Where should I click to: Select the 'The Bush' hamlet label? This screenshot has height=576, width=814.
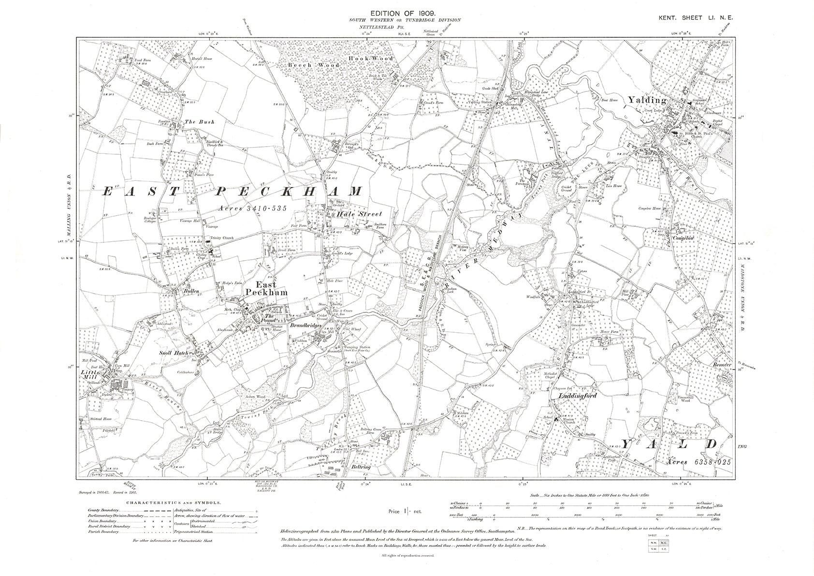(199, 122)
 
